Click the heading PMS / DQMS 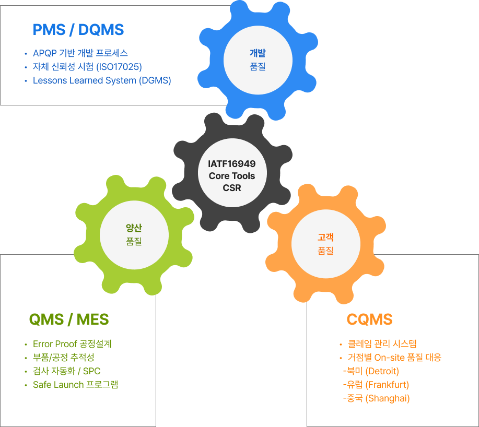tap(78, 30)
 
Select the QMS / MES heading tap(69, 319)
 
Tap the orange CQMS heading tap(369, 319)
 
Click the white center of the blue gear tap(258, 60)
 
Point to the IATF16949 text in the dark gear tap(231, 164)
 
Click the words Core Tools tap(231, 176)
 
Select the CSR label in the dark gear tap(231, 188)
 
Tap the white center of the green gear tap(134, 234)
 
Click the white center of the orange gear tap(325, 244)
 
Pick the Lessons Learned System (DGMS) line tap(102, 80)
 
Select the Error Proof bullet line tap(72, 344)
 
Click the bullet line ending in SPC tap(66, 371)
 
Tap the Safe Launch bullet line tap(75, 385)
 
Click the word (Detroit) tap(382, 371)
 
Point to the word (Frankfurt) tap(387, 385)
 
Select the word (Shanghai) tap(387, 398)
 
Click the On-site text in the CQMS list tap(392, 358)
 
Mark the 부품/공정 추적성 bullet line tap(63, 358)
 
